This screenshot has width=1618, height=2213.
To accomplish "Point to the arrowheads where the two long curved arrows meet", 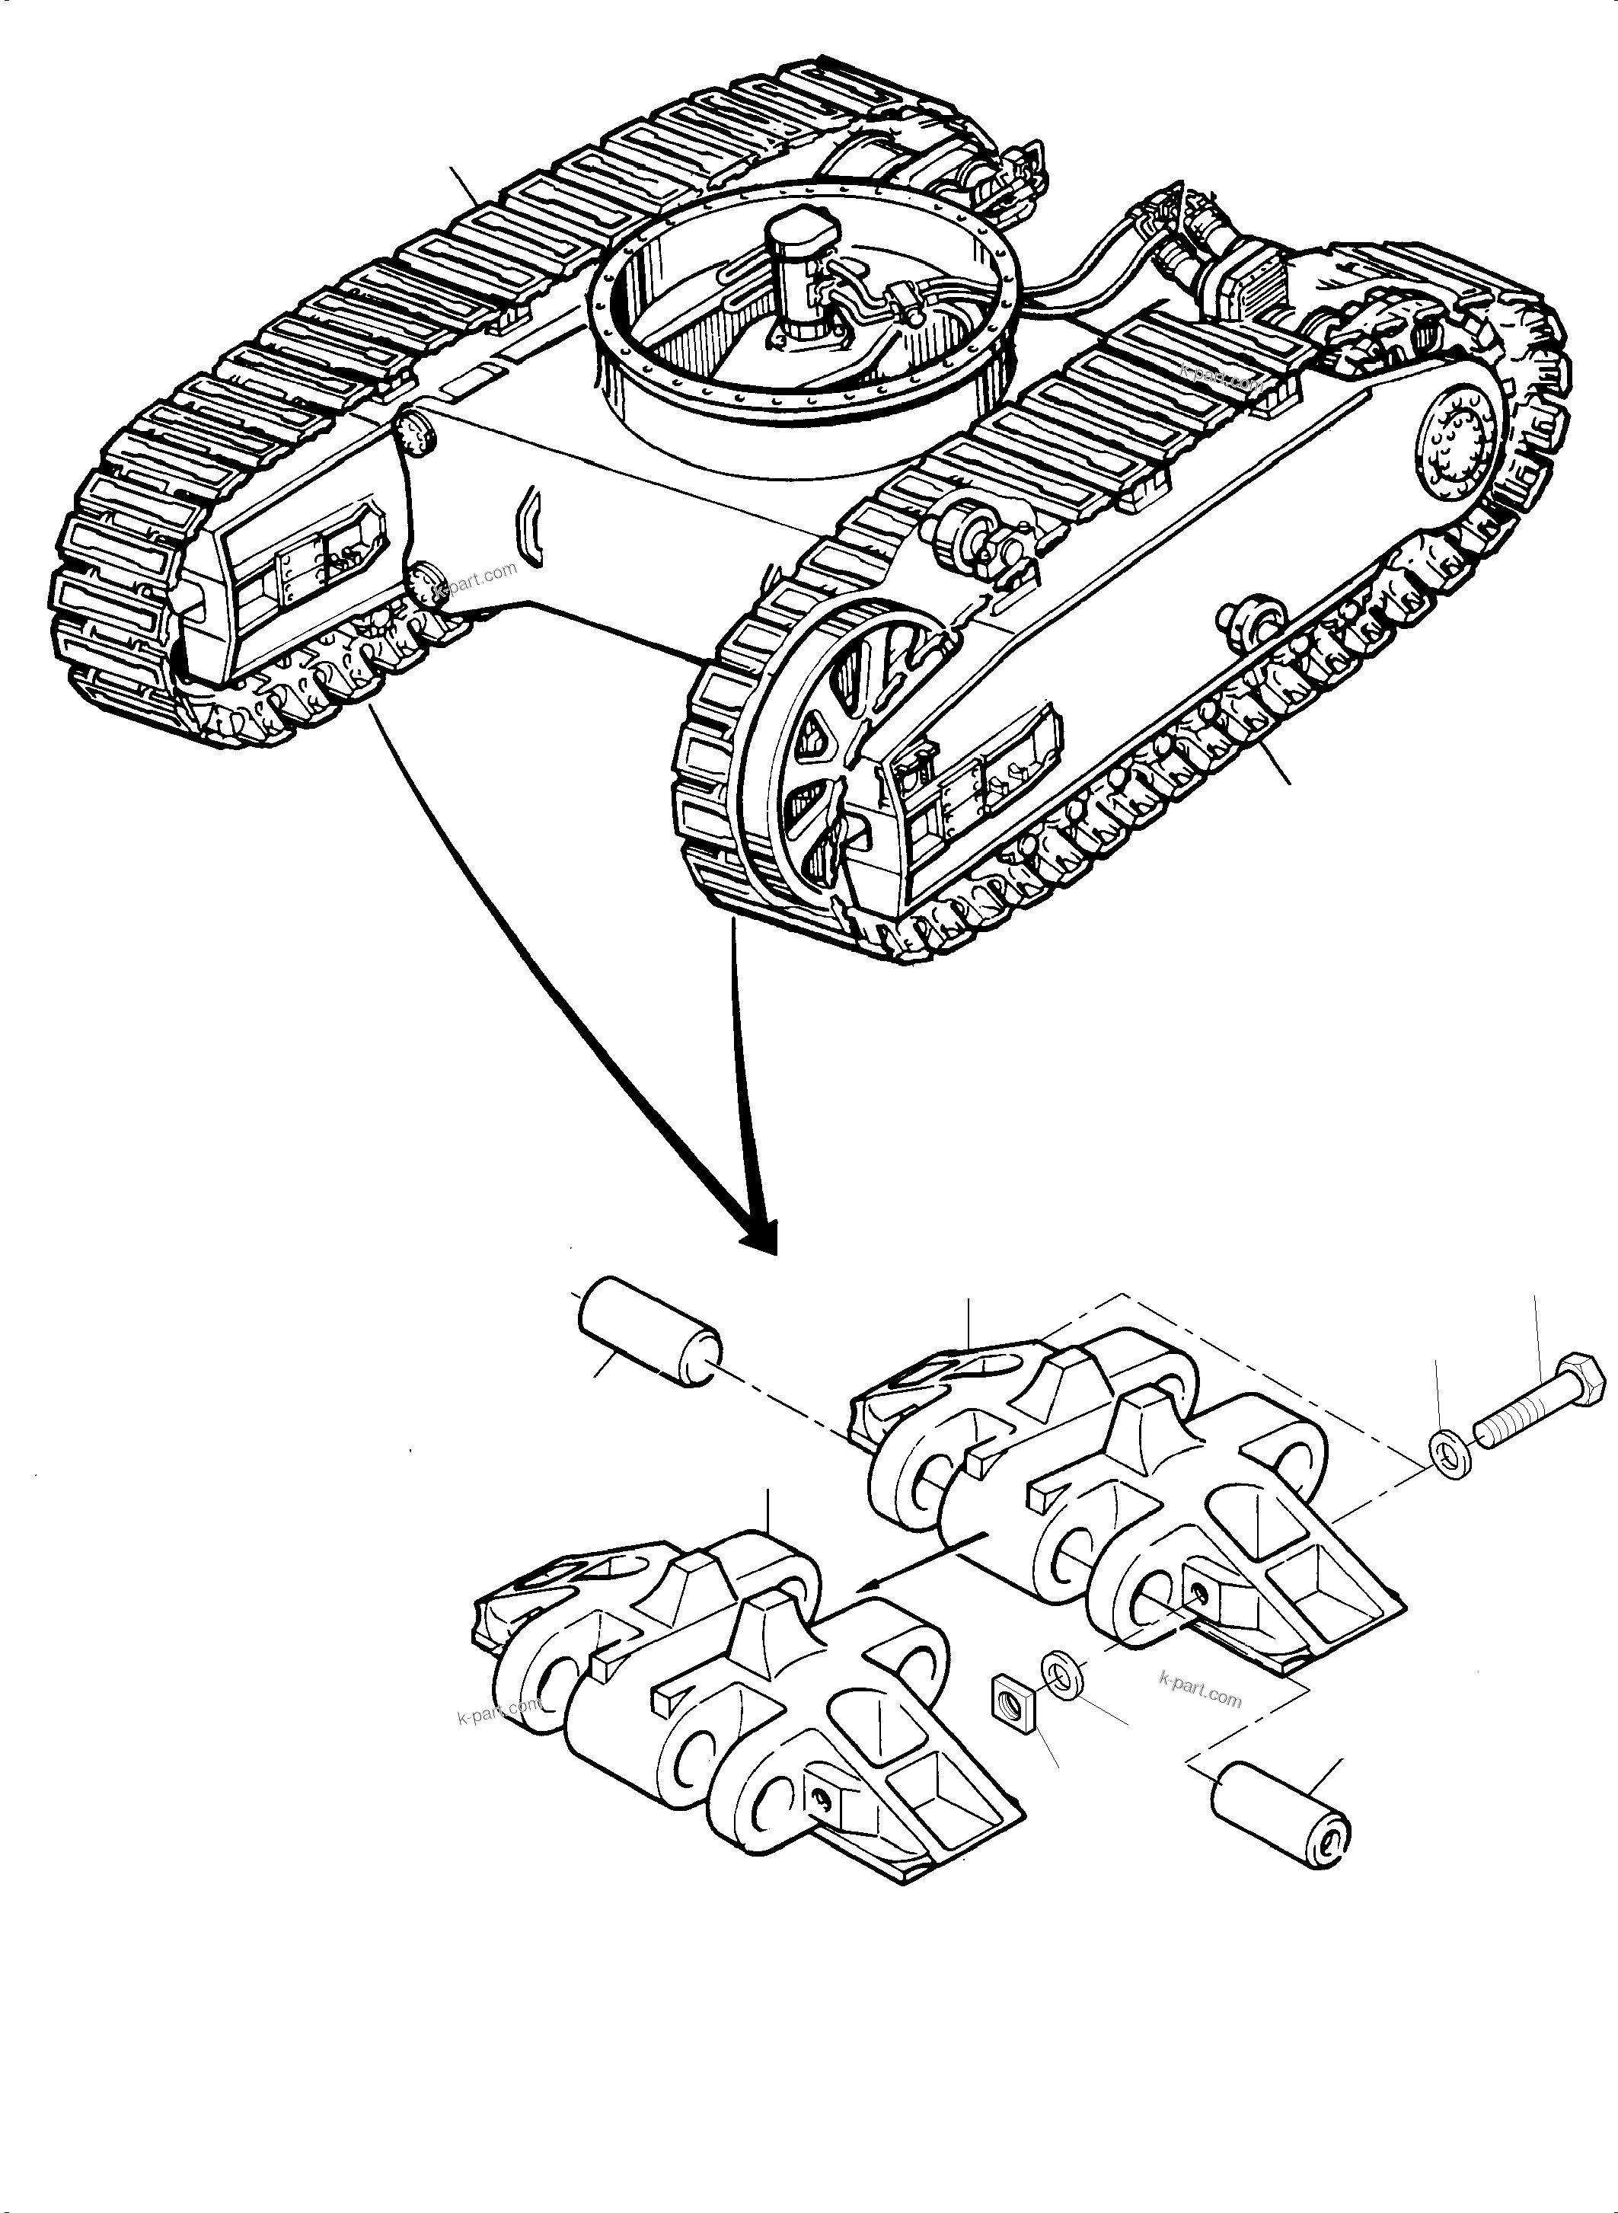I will pos(760,1236).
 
